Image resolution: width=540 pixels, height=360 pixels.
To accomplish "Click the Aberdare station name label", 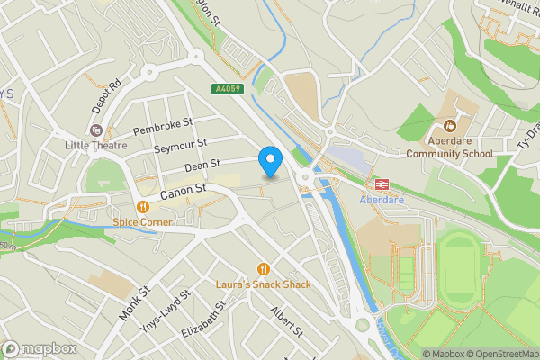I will tap(382, 199).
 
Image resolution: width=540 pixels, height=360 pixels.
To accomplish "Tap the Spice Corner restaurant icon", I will tap(142, 206).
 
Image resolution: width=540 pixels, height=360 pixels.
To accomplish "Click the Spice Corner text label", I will tap(142, 222).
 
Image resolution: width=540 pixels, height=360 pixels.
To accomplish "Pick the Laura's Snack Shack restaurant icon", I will tap(263, 268).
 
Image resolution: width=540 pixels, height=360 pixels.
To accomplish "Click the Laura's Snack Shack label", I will tap(263, 284).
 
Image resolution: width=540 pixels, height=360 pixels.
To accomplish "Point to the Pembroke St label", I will tap(163, 127).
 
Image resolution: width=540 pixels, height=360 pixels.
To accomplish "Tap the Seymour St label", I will tap(180, 145).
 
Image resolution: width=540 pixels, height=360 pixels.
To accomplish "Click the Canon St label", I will tap(184, 192).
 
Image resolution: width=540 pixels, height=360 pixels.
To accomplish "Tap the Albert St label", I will tap(289, 321).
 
